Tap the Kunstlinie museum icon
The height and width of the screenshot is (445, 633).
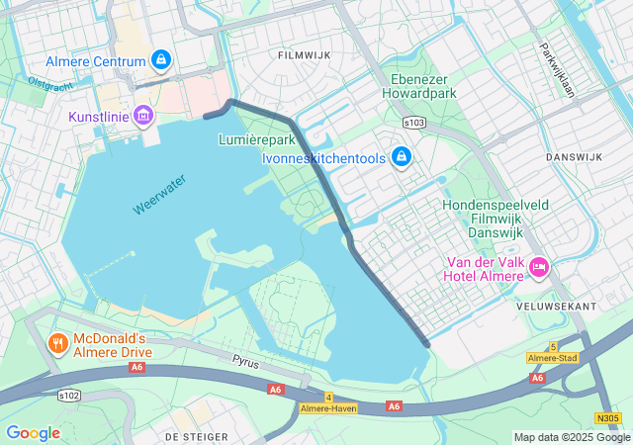[x=143, y=117]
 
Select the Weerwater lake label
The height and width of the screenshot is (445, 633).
[x=158, y=196]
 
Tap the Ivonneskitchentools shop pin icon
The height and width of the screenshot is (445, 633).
[x=401, y=156]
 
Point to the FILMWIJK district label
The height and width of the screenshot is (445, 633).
[x=300, y=55]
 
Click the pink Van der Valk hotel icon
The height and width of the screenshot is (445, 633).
[x=539, y=266]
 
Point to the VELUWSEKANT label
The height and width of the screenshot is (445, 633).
[x=556, y=307]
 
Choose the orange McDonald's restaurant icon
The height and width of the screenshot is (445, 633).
[x=57, y=344]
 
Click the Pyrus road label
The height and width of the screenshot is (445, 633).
[x=245, y=363]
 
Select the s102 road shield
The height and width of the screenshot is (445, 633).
[x=68, y=394]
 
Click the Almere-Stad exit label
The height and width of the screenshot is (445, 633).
[x=554, y=357]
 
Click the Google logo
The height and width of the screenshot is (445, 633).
[x=33, y=433]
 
